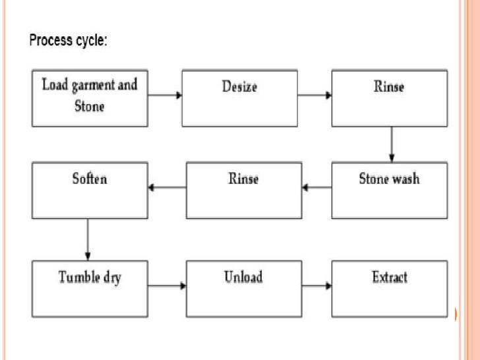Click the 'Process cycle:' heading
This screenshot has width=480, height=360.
68,40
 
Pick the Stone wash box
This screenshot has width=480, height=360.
389,191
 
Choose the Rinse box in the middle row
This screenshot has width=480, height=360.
244,191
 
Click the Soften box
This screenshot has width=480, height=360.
90,191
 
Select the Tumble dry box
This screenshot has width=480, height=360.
90,288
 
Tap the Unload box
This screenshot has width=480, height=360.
244,288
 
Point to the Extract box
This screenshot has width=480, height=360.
389,288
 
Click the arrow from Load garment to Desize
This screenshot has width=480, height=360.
165,96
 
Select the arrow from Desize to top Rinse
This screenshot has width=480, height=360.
315,96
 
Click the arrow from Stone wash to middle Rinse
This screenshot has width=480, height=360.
317,188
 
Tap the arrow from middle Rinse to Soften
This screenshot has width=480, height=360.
167,188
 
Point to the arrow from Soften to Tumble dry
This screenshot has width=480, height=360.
88,239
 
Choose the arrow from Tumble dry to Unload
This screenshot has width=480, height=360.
167,286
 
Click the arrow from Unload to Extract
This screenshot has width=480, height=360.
317,286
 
